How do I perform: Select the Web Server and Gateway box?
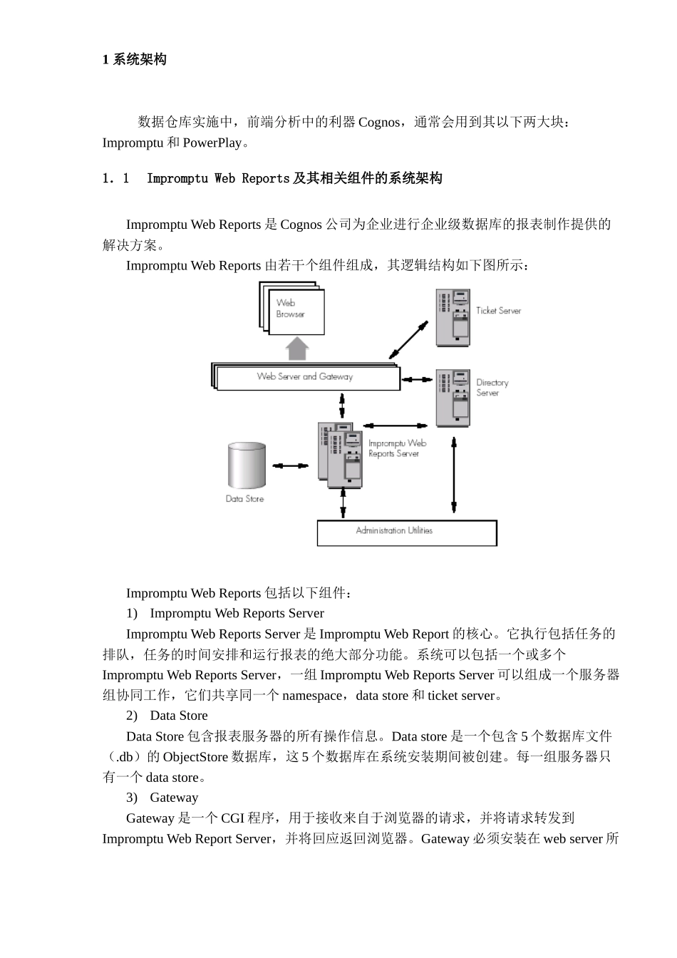pyautogui.click(x=306, y=377)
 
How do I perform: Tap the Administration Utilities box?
pyautogui.click(x=406, y=532)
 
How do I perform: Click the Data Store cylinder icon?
pyautogui.click(x=247, y=465)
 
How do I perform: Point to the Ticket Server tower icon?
pyautogui.click(x=453, y=318)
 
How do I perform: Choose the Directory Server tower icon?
pyautogui.click(x=453, y=398)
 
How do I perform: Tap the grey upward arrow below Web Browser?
pyautogui.click(x=297, y=349)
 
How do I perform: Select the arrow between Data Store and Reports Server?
pyautogui.click(x=291, y=466)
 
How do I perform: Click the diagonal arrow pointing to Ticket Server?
pyautogui.click(x=408, y=339)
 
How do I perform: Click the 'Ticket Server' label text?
pyautogui.click(x=498, y=311)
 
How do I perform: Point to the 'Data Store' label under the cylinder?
pyautogui.click(x=244, y=499)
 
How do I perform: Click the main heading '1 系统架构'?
pyautogui.click(x=135, y=60)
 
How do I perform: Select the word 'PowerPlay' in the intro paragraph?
pyautogui.click(x=212, y=143)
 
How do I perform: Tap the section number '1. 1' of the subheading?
pyautogui.click(x=116, y=178)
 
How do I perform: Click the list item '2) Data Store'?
pyautogui.click(x=167, y=716)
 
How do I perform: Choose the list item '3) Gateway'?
pyautogui.click(x=162, y=798)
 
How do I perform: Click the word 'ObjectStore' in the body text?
pyautogui.click(x=196, y=757)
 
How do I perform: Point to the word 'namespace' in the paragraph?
pyautogui.click(x=312, y=696)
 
